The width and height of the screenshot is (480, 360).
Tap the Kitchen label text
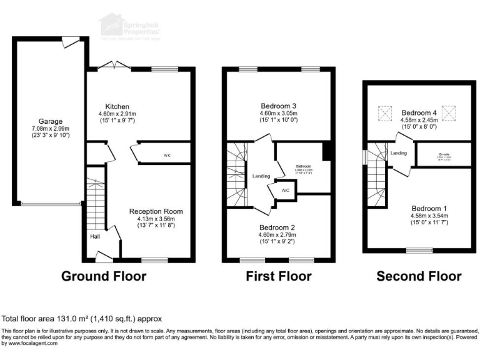[x=117, y=106]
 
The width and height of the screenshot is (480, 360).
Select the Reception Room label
[x=152, y=211]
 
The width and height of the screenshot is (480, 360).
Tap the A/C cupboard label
[x=285, y=189]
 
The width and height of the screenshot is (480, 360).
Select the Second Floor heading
[x=419, y=276]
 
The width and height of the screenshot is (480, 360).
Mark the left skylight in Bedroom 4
[x=384, y=113]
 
